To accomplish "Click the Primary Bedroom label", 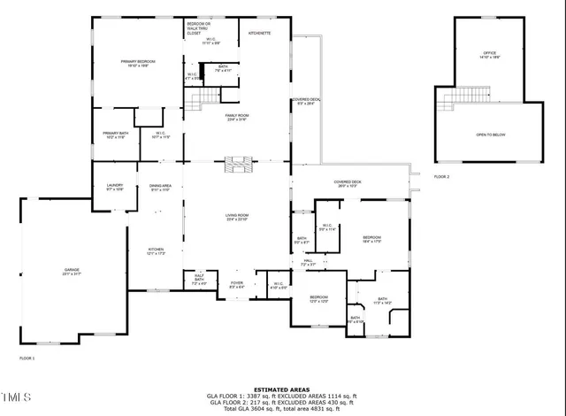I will (x=138, y=63).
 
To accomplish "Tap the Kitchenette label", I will (x=259, y=33).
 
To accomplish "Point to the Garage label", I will (x=72, y=271).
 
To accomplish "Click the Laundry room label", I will (x=115, y=187).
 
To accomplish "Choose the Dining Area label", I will (x=160, y=188).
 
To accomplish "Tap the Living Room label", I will (x=236, y=217).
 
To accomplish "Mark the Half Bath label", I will (x=199, y=281).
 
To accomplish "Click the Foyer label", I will (x=237, y=285).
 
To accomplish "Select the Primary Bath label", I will (x=116, y=135).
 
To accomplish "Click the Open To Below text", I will (x=490, y=134).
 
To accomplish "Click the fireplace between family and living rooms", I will (x=237, y=162).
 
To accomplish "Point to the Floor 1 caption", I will (x=27, y=358).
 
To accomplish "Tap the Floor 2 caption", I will (x=441, y=177).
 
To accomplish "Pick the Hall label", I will (x=308, y=262).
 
